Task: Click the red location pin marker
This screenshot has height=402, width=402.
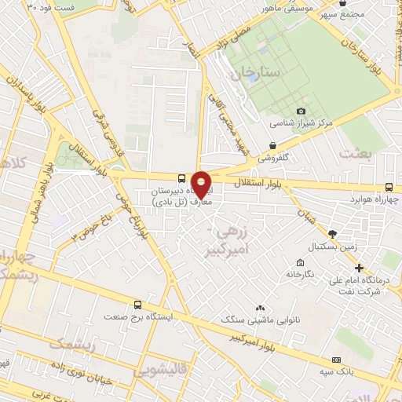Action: pos(201,184)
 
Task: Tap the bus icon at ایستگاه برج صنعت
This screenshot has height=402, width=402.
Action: pos(138,305)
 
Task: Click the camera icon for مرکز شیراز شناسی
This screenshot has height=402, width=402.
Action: pos(301,111)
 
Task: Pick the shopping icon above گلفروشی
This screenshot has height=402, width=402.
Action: pos(272,145)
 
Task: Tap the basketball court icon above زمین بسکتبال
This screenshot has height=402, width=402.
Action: pos(332,234)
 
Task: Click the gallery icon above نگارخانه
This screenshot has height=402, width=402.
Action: pos(300,262)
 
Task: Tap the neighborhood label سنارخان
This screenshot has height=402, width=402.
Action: pos(254,72)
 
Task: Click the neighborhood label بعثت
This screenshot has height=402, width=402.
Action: pos(354,154)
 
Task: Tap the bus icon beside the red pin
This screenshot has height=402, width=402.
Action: pos(181,178)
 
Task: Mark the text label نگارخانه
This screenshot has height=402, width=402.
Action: pos(300,276)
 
